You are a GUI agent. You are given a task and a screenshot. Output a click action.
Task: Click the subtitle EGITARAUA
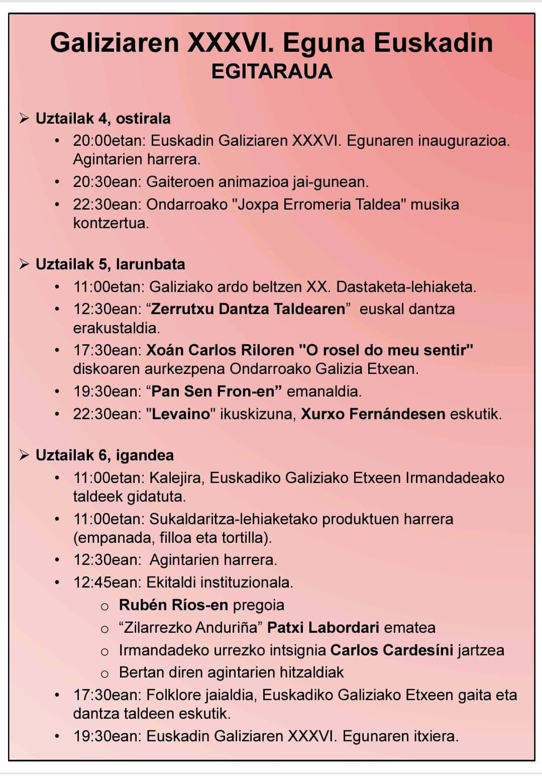point(272,71)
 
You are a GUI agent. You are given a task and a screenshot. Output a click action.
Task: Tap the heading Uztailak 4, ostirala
point(103,119)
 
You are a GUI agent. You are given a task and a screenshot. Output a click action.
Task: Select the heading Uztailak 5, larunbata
point(110,264)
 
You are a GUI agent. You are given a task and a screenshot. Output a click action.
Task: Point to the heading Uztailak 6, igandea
point(104,455)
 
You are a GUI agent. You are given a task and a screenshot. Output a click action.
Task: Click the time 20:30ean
point(107,182)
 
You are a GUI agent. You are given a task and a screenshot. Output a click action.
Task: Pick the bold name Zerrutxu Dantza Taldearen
point(248,309)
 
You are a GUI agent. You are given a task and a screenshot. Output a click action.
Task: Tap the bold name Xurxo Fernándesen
point(373,414)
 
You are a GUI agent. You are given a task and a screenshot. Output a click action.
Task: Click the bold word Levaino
point(181,414)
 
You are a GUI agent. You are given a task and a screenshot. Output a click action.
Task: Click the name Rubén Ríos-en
point(173,605)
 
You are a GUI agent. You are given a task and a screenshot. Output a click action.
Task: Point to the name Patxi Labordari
point(323,628)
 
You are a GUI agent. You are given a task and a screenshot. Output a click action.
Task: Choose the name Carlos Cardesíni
point(391,650)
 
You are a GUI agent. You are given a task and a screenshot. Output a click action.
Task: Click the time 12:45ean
point(107,583)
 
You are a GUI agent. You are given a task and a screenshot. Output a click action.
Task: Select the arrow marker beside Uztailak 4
point(24,119)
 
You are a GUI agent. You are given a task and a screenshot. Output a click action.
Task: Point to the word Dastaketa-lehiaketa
point(406,287)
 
